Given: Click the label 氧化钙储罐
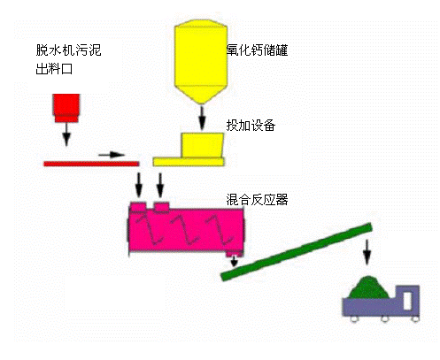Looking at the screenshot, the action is (x=257, y=50).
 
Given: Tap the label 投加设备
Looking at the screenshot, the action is (x=251, y=125).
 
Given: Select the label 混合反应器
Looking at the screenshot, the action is (x=257, y=199).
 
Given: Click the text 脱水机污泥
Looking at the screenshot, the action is (x=68, y=50).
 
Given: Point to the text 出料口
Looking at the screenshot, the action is (x=54, y=69).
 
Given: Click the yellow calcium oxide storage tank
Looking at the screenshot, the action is (x=201, y=61).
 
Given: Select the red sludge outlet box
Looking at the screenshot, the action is (x=66, y=108).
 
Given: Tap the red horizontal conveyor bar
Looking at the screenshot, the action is (x=91, y=164).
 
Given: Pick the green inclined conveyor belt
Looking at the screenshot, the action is (x=297, y=251).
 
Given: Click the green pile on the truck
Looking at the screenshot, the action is (x=368, y=287).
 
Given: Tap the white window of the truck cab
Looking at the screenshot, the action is (x=407, y=300).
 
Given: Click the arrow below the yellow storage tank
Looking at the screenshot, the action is (x=202, y=118).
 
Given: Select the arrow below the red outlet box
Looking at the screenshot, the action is (x=66, y=134).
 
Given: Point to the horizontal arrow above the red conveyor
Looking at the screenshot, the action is (x=112, y=155).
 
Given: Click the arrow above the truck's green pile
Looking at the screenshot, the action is (x=367, y=252).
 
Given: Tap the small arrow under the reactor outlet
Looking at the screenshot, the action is (x=234, y=261).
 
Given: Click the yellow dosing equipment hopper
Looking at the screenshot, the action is (x=203, y=145).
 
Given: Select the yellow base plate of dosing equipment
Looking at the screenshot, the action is (x=189, y=162).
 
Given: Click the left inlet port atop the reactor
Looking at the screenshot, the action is (x=138, y=207).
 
